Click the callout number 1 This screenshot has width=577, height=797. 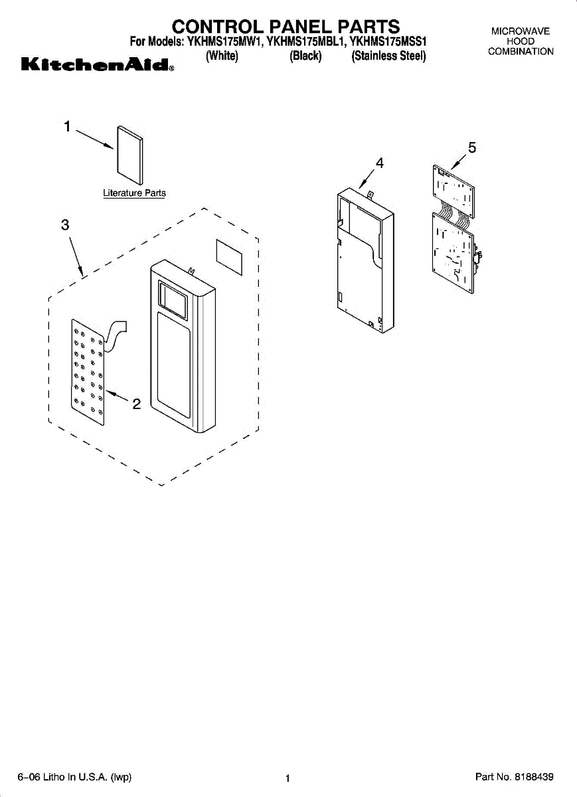(67, 126)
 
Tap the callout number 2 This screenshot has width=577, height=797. (136, 404)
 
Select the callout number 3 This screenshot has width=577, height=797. (65, 224)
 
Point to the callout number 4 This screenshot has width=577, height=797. (379, 162)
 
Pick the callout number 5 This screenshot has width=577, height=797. (471, 147)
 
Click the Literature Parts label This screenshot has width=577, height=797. (134, 193)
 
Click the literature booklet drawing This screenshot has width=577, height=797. (130, 154)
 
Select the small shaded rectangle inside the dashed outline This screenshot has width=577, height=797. (230, 257)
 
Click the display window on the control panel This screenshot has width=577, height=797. (173, 299)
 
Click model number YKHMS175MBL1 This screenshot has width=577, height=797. (306, 42)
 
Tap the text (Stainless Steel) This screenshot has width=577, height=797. (388, 56)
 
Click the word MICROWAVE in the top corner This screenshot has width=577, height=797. (521, 31)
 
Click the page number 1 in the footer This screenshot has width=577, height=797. (288, 778)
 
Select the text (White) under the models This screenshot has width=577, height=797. (222, 56)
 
